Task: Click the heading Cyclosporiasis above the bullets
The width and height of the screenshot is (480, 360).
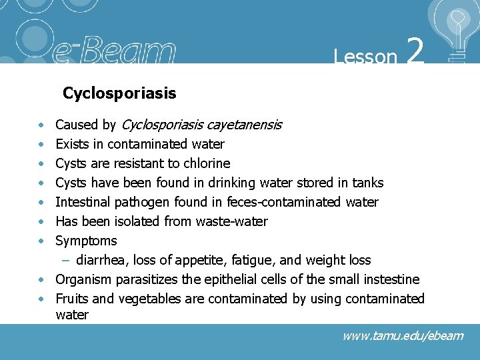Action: [119, 93]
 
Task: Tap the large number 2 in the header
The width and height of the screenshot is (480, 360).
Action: [415, 52]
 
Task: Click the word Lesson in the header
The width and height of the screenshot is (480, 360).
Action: [365, 57]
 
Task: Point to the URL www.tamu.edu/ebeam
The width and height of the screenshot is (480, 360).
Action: [402, 336]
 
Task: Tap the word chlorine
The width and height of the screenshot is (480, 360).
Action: [206, 163]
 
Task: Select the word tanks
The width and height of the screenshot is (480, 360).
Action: [366, 183]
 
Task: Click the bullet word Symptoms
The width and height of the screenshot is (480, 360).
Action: [86, 241]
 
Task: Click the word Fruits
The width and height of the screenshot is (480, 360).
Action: [71, 299]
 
